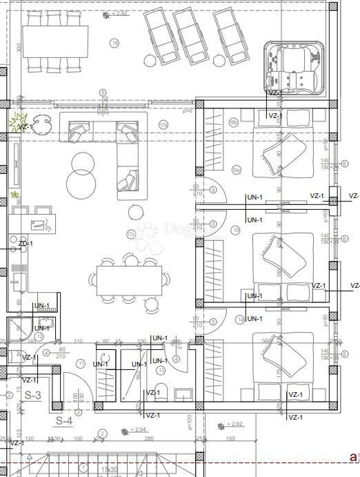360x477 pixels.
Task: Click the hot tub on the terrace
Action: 294,69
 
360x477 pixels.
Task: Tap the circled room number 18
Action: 114,43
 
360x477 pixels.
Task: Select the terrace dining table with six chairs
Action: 56,41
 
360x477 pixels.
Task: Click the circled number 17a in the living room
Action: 131,235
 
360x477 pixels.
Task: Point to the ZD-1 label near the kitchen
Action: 25,244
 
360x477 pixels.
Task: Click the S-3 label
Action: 32,396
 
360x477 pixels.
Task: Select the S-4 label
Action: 64,420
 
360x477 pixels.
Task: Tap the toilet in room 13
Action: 161,392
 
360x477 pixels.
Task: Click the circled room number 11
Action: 81,363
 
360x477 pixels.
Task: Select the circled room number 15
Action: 237,230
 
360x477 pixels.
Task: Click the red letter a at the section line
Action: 352,457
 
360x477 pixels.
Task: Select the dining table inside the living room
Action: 129,280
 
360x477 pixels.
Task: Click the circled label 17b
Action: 163,125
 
